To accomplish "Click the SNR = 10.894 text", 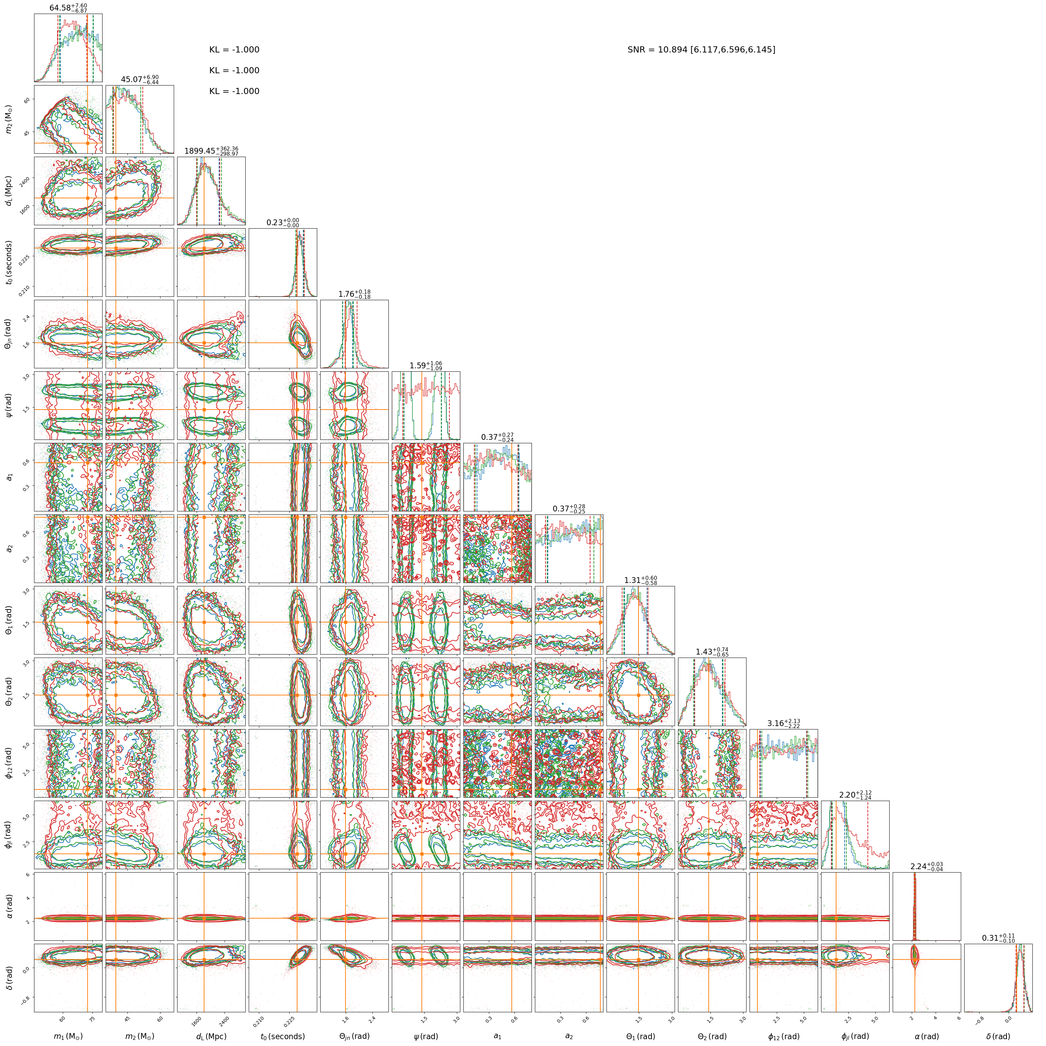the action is [x=701, y=50].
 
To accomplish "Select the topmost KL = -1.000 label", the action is [x=234, y=50].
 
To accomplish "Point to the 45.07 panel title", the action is [x=140, y=80].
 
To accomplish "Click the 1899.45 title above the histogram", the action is [x=211, y=151].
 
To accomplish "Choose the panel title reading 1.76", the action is [x=355, y=294].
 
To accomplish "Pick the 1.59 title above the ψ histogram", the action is [x=426, y=366].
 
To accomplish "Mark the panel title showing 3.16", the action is [x=783, y=723].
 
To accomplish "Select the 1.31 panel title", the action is [x=641, y=580].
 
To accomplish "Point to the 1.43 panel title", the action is [x=712, y=652].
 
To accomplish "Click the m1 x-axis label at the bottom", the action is [x=68, y=1036].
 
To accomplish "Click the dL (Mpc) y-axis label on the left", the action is [x=8, y=190].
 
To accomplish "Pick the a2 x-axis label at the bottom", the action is [x=569, y=1036].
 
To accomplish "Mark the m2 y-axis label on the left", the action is [x=8, y=119].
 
